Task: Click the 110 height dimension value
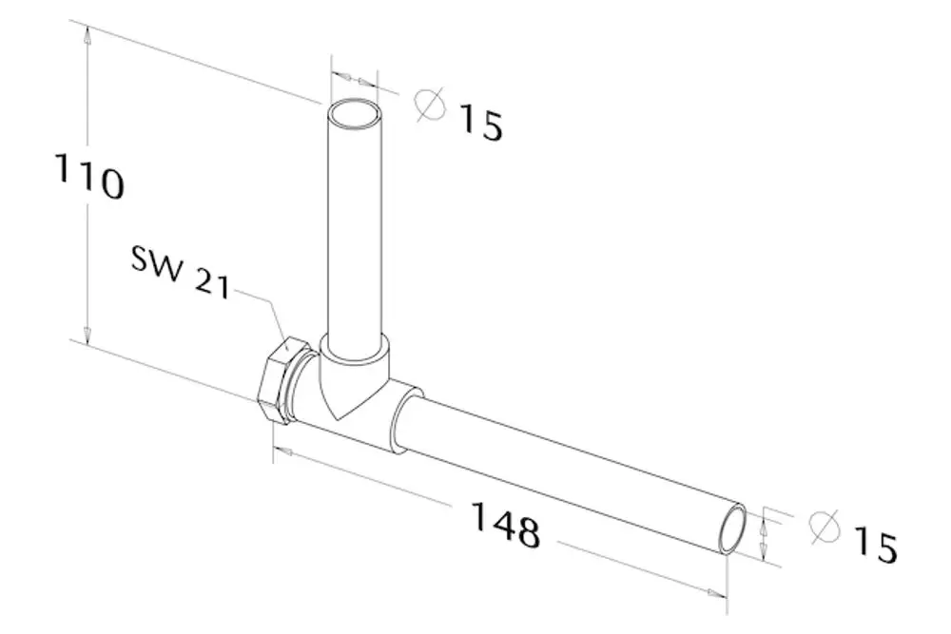(x=89, y=177)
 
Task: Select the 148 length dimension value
(x=505, y=525)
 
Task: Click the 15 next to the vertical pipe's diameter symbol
(x=480, y=124)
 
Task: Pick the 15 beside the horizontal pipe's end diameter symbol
(x=875, y=545)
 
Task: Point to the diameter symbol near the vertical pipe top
(x=430, y=105)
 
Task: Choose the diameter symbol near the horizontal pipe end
(x=825, y=526)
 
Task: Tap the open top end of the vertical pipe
(x=355, y=113)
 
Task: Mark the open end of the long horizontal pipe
(x=733, y=528)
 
